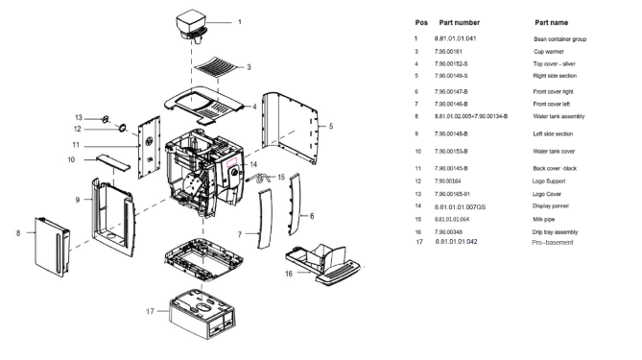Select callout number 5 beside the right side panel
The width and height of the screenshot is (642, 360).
tap(331, 125)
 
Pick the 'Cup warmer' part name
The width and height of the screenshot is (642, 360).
tap(551, 51)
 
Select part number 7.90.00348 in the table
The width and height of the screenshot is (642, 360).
tap(457, 231)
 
